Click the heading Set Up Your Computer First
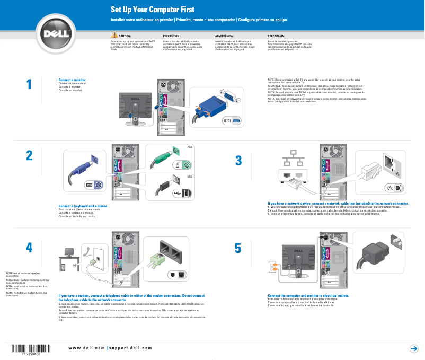(152, 10)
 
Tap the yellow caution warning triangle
(114, 34)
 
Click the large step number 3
(238, 160)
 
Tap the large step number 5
(238, 248)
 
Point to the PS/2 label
(190, 147)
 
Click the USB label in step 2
(189, 177)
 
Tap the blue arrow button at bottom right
(414, 348)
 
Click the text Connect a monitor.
(72, 81)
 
